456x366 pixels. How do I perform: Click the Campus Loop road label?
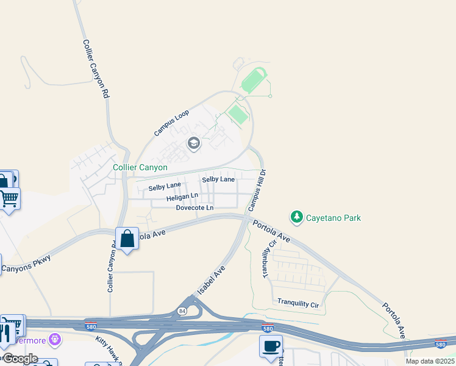pos(172,123)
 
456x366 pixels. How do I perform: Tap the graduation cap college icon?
pos(194,144)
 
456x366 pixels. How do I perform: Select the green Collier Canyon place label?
pos(140,167)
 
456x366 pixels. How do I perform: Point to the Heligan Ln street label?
pos(183,198)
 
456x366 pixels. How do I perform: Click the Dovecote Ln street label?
pos(194,208)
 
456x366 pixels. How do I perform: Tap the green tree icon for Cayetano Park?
pos(297,217)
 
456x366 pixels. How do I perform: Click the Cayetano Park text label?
pos(333,218)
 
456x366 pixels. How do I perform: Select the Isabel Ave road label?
pos(212,280)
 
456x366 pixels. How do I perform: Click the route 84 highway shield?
pos(182,311)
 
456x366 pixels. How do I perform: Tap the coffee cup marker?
pos(271,346)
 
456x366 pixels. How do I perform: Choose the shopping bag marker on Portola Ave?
pos(127,239)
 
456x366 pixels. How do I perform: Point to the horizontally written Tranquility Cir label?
pos(298,303)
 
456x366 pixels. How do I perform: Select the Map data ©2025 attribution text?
pos(429,361)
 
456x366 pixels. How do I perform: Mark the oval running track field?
pos(254,82)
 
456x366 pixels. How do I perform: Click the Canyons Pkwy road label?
pos(26,264)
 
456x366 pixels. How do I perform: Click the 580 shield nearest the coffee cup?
pos(267,328)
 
